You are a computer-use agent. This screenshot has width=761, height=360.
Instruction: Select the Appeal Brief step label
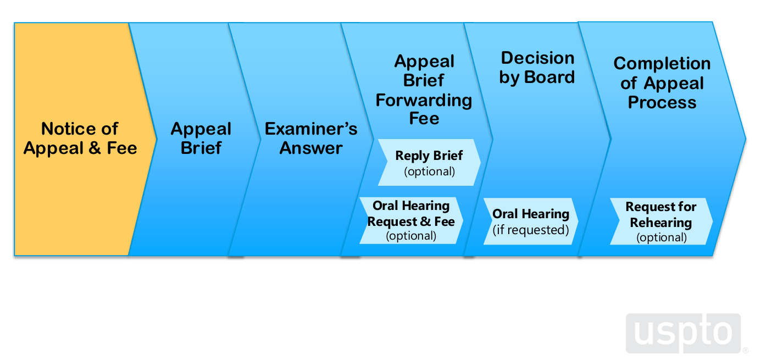(x=201, y=139)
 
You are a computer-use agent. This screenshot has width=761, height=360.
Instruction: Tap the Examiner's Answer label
(x=311, y=139)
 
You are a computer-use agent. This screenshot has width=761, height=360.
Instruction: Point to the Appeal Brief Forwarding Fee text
(x=424, y=90)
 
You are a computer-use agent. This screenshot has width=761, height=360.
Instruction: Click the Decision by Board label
(x=537, y=68)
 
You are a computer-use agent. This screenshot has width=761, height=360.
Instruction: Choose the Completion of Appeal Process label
(x=662, y=83)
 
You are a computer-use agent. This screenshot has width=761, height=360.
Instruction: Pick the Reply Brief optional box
(x=429, y=163)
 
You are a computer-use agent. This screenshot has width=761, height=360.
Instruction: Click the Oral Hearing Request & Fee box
(x=411, y=220)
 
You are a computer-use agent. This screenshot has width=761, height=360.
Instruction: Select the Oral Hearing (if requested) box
(x=531, y=221)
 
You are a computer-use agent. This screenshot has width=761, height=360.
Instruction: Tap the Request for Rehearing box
(x=661, y=221)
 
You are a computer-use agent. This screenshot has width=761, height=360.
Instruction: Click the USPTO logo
(x=684, y=333)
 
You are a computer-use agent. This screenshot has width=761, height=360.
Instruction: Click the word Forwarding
(x=424, y=100)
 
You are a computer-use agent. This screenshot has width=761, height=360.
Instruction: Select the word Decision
(x=538, y=58)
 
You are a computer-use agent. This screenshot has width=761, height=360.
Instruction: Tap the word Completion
(x=662, y=64)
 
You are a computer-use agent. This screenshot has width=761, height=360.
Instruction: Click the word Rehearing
(x=661, y=223)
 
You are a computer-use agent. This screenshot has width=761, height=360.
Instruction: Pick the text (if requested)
(x=531, y=230)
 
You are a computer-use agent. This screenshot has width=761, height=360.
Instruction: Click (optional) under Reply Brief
(x=430, y=171)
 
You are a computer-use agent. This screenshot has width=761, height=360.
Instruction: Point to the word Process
(x=662, y=102)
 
